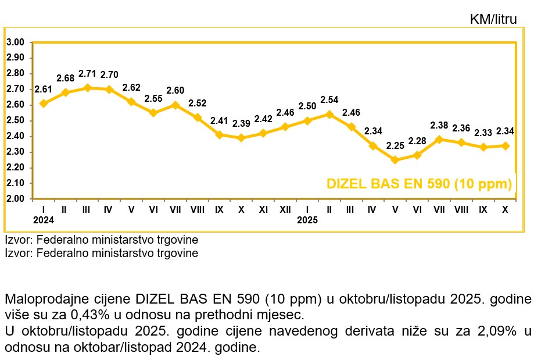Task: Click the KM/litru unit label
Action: click(x=493, y=20)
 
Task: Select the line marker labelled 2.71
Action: click(x=87, y=88)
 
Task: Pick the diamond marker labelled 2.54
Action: click(x=329, y=114)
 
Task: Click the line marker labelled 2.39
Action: click(x=241, y=138)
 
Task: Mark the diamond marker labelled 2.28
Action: click(x=417, y=155)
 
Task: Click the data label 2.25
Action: click(x=395, y=146)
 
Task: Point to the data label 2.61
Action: click(x=44, y=89)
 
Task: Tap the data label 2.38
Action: click(x=439, y=125)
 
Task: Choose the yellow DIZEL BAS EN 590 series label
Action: click(x=419, y=184)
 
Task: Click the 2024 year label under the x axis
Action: click(x=43, y=220)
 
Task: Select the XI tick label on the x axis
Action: click(x=263, y=209)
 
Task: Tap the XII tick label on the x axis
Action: click(x=285, y=209)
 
